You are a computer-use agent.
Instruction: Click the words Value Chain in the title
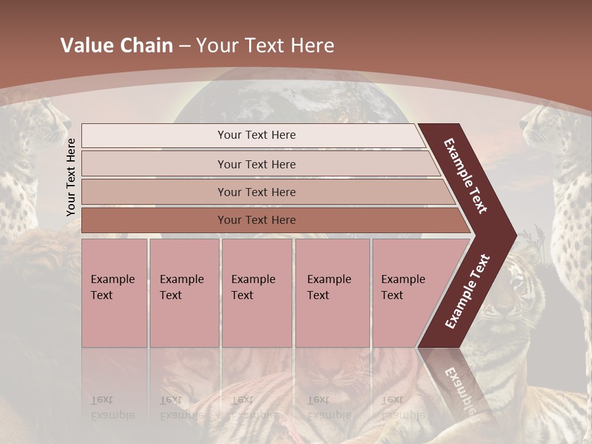[117, 46]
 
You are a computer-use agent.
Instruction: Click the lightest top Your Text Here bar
[256, 135]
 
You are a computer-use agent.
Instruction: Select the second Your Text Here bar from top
[257, 164]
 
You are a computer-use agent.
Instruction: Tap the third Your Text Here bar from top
[257, 192]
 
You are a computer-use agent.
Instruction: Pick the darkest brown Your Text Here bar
[257, 220]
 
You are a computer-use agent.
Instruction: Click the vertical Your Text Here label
[71, 177]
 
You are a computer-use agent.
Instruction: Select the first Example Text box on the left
[114, 292]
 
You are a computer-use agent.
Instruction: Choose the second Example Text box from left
[184, 292]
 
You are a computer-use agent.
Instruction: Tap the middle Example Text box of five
[257, 292]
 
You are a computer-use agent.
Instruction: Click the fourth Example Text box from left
[332, 292]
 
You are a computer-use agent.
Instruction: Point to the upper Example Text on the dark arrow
[466, 176]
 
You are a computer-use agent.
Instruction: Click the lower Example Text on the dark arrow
[467, 291]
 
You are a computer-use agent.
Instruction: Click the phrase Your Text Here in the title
[265, 46]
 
